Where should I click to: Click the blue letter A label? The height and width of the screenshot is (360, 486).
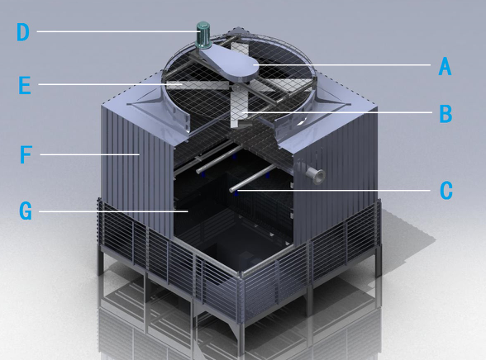[x=445, y=66]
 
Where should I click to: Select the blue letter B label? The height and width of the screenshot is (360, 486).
[x=445, y=114]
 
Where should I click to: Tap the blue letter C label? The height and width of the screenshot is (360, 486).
[x=446, y=191]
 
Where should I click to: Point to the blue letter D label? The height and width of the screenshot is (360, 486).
[x=23, y=32]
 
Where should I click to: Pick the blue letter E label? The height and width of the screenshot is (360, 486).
[x=25, y=85]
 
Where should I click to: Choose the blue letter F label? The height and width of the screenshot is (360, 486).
[x=26, y=154]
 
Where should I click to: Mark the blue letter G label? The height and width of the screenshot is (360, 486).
[x=26, y=211]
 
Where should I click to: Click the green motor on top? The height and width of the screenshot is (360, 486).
[x=203, y=35]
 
